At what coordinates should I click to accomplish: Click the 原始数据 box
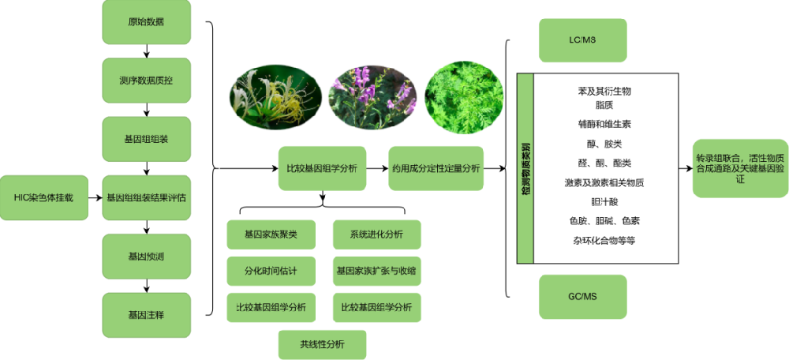(146, 21)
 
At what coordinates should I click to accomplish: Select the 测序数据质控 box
(146, 80)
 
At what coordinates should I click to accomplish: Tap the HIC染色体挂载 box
(43, 197)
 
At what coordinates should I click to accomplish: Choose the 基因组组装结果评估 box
(146, 197)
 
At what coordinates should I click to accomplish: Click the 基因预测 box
(146, 256)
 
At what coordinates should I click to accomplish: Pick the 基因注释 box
(146, 315)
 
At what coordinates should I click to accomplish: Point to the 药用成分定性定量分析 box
(436, 167)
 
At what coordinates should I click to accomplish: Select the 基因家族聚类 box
(271, 234)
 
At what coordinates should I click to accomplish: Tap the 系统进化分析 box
(376, 234)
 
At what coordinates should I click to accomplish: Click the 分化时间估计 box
(271, 271)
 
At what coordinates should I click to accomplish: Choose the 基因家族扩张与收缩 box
(376, 271)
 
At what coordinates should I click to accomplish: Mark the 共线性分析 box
(322, 344)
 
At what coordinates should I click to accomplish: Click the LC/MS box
(582, 39)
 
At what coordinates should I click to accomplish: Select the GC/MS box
(582, 296)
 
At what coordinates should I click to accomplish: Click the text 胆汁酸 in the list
(604, 201)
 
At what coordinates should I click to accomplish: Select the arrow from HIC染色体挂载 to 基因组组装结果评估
(95, 197)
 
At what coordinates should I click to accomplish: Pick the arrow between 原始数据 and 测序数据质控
(146, 51)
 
